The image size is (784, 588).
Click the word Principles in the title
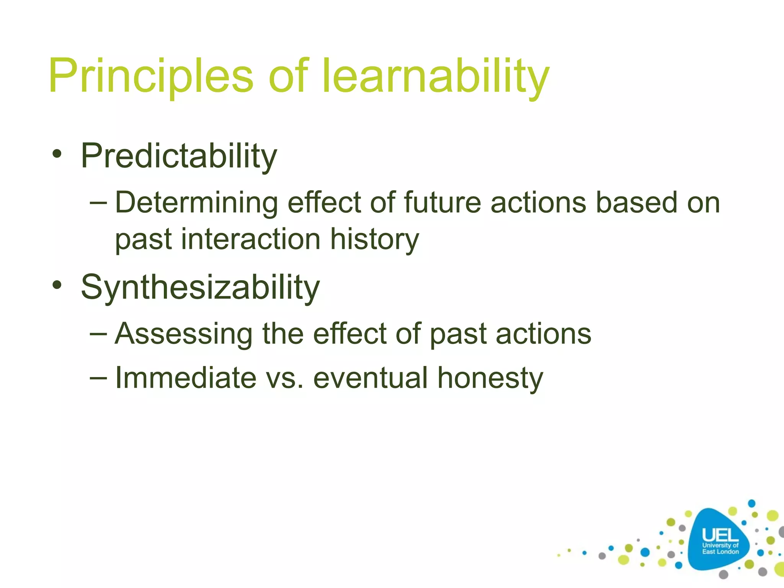150,75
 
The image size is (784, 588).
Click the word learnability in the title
436,75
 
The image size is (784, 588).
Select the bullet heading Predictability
179,156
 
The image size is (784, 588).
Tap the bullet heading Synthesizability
200,287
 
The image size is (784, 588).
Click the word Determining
196,203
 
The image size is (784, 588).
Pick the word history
374,239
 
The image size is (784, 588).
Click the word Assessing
183,334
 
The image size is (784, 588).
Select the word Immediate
186,378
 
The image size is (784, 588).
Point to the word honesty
490,378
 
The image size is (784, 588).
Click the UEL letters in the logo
720,535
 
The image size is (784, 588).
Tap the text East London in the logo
720,552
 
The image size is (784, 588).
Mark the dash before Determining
98,202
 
